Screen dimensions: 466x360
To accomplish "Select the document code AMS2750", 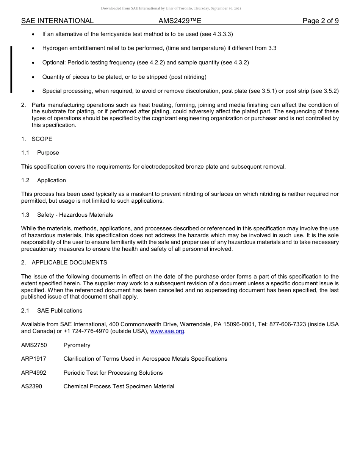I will (34, 345).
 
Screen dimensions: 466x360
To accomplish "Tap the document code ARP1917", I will (34, 359).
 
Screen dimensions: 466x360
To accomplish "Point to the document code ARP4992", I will (34, 373).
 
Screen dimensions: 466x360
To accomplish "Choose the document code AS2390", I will (32, 386).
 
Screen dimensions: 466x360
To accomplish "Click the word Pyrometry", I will (77, 345).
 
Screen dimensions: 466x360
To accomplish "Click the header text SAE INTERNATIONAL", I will (57, 21).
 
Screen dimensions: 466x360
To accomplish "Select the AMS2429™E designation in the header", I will (180, 21).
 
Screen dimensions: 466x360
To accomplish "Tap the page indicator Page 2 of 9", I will (321, 21).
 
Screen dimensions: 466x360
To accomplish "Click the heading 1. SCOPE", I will (37, 139).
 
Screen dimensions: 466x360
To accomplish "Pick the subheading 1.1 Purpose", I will (40, 153).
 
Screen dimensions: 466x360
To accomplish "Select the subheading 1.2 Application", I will (44, 180).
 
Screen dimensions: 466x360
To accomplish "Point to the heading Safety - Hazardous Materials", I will (75, 215).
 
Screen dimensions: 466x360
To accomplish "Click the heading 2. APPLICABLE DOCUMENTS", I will (64, 263).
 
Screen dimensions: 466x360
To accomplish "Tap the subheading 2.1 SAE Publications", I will (52, 311).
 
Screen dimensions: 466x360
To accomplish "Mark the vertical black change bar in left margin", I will (11, 69).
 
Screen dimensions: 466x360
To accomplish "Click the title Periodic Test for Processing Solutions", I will (113, 373).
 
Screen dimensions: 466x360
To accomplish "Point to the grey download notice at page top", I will (171, 8).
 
